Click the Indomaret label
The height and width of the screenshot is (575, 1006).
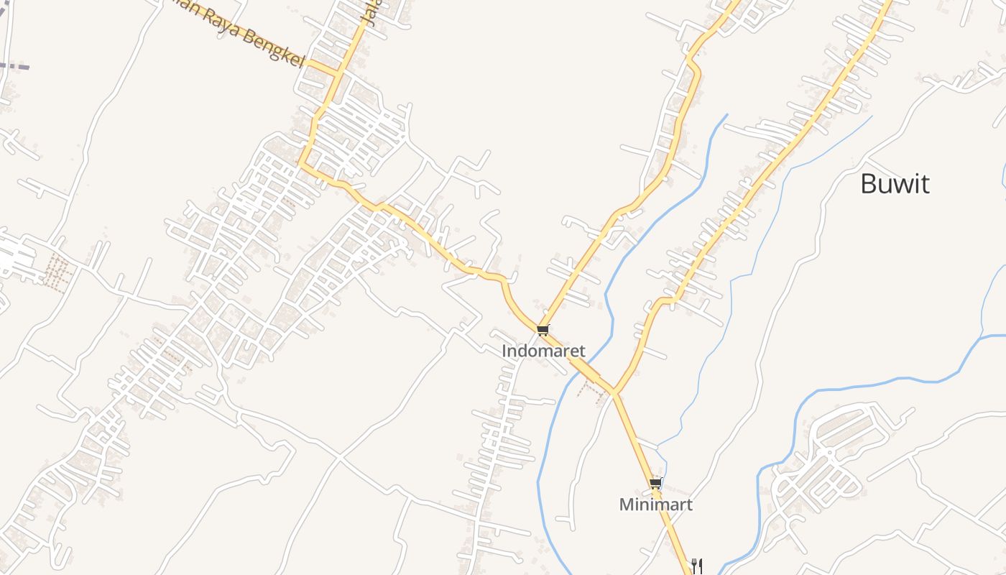(543, 351)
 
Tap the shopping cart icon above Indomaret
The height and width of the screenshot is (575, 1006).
(543, 330)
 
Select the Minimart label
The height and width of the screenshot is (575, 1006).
(655, 505)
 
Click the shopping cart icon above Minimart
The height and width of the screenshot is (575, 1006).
(655, 484)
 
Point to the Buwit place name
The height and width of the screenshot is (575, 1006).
(895, 184)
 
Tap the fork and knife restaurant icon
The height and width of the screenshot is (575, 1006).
(696, 565)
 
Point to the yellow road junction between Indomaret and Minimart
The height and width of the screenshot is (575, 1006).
(614, 392)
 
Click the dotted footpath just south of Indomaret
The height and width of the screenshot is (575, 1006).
(591, 388)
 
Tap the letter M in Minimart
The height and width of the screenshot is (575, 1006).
(626, 505)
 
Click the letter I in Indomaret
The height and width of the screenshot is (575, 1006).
(504, 351)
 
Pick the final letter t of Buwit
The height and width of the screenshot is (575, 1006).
(925, 184)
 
